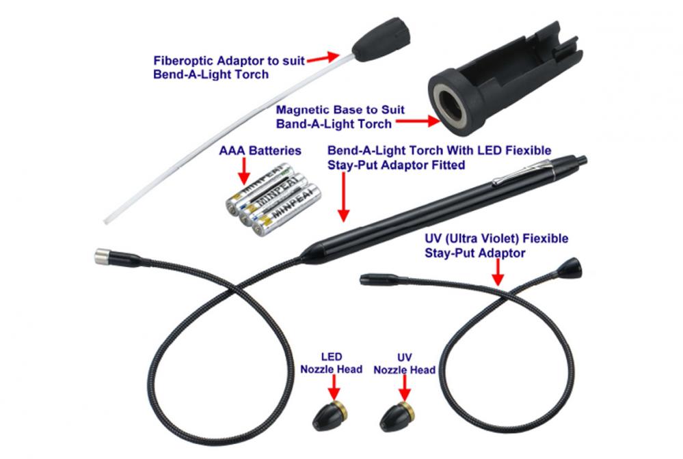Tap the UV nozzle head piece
(x=397, y=417)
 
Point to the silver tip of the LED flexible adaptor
(x=102, y=256)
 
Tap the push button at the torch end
(x=581, y=161)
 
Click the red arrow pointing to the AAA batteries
(x=244, y=171)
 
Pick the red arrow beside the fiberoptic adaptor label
(x=323, y=58)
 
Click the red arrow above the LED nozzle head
(x=334, y=387)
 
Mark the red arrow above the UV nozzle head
(x=405, y=387)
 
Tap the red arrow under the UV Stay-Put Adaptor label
(x=498, y=273)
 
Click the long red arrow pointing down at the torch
(x=344, y=197)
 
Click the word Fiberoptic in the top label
(x=183, y=61)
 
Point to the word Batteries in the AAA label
(x=275, y=150)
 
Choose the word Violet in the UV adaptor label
(x=500, y=238)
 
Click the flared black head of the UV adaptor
(x=570, y=268)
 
